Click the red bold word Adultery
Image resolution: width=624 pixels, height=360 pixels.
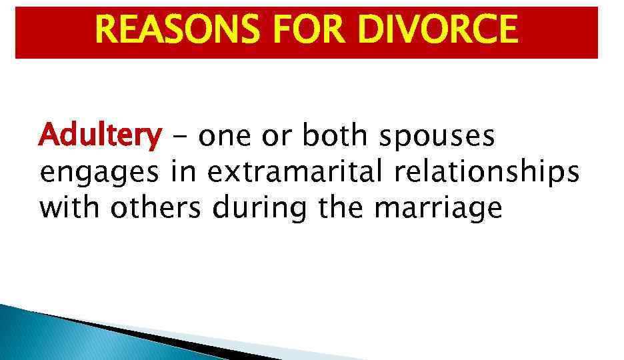tap(100, 137)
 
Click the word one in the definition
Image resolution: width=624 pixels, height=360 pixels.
tap(225, 138)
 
